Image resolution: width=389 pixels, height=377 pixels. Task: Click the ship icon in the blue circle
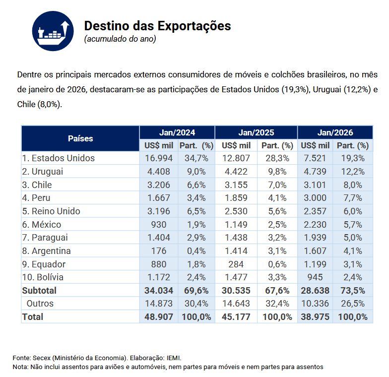[x=53, y=31]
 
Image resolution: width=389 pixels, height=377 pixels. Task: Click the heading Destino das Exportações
[x=157, y=26]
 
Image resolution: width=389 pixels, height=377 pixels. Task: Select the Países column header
[x=80, y=138]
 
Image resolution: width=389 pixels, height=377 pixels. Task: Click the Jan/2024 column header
[x=177, y=132]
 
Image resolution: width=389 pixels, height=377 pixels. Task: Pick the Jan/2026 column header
[x=335, y=132]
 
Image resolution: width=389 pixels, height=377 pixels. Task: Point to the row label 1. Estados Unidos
[x=58, y=158]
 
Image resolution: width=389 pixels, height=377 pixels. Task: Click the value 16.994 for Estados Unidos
[x=158, y=158]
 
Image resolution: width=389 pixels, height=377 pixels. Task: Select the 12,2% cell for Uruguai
[x=352, y=172]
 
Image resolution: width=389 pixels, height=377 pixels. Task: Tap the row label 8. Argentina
[x=46, y=251]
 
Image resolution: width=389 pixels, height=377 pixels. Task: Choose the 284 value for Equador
[x=236, y=264]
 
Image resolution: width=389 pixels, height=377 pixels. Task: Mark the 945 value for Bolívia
[x=315, y=277]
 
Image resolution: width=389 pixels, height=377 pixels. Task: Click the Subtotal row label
[x=39, y=291]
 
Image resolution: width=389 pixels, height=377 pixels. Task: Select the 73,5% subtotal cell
[x=352, y=291]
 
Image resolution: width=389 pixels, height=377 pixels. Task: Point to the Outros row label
[x=40, y=304]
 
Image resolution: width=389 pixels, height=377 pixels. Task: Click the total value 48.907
[x=158, y=316]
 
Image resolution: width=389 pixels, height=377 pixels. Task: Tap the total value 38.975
[x=315, y=316]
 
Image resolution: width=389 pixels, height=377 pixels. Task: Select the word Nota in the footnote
[x=21, y=367]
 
